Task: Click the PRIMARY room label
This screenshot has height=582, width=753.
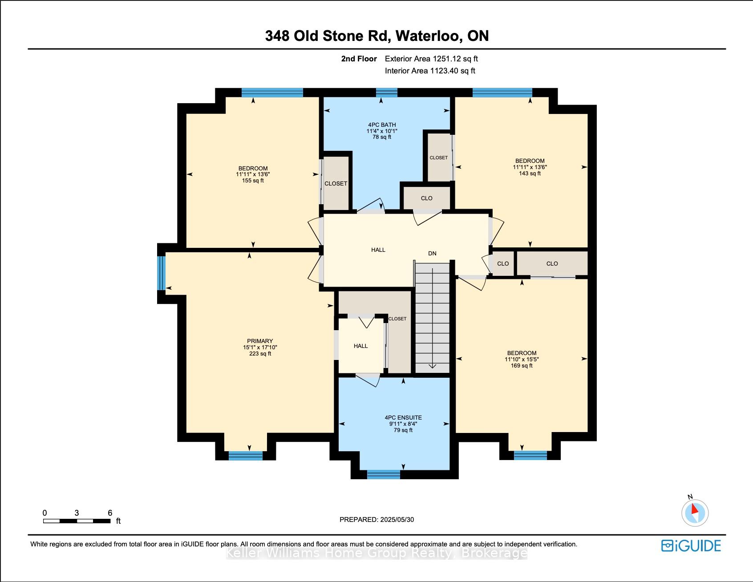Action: click(260, 341)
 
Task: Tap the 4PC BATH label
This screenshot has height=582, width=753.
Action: click(381, 125)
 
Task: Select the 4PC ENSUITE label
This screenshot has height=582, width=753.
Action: click(403, 418)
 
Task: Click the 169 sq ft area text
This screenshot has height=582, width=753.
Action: click(522, 366)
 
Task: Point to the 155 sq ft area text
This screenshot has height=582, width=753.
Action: click(253, 181)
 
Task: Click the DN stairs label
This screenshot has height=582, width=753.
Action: click(432, 254)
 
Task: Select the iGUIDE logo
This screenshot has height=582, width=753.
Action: click(691, 546)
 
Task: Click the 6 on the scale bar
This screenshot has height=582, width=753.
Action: click(110, 513)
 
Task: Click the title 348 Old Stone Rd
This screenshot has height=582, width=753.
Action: click(328, 36)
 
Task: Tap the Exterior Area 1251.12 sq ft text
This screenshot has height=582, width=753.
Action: click(431, 59)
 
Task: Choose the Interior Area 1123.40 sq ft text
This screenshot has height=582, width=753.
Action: click(430, 71)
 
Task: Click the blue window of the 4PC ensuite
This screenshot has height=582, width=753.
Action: click(384, 474)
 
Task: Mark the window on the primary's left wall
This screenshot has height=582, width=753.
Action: click(162, 273)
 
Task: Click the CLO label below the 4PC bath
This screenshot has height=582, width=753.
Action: click(426, 198)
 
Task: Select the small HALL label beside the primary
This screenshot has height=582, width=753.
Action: click(361, 346)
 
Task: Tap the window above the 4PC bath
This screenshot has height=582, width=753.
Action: click(386, 93)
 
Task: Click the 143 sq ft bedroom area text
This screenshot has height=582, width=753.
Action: click(530, 174)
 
